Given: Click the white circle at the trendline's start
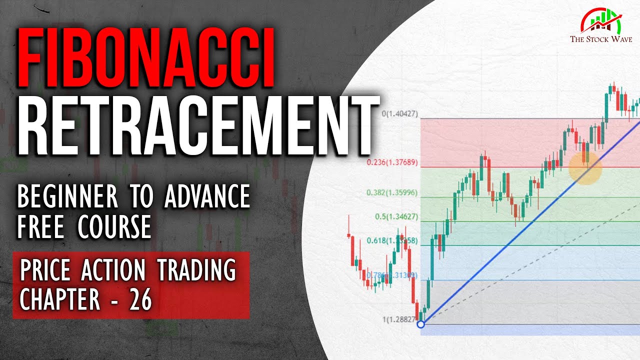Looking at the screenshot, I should click(420, 324).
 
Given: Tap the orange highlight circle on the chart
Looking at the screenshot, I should click(585, 167).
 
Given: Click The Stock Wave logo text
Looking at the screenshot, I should click(597, 39).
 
